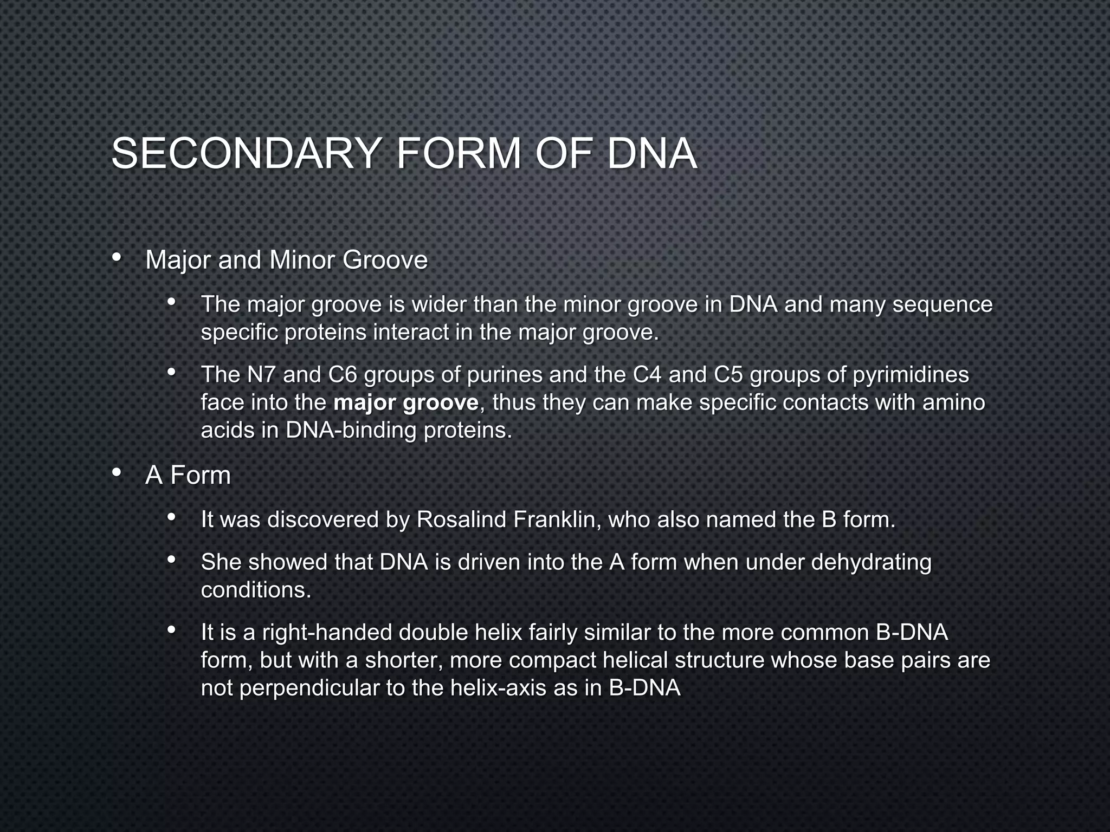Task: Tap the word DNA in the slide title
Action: (651, 154)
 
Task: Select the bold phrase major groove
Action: (406, 403)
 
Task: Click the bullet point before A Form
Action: (117, 473)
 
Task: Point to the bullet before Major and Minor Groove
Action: (117, 258)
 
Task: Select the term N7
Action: (261, 374)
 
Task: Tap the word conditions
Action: (255, 590)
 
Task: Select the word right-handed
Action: (327, 633)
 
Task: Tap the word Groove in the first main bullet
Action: (385, 260)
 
